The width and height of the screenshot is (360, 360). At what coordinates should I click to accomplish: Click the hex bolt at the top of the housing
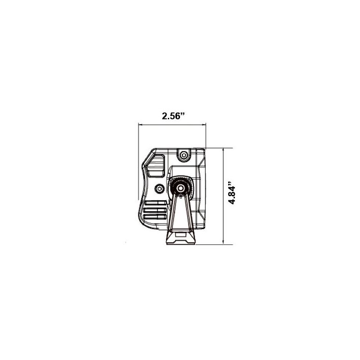(183, 155)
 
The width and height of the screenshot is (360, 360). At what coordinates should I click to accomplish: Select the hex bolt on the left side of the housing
(158, 187)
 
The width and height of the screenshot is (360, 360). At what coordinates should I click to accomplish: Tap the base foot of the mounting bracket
(181, 238)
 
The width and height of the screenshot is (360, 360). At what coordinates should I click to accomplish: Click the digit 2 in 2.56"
(165, 116)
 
